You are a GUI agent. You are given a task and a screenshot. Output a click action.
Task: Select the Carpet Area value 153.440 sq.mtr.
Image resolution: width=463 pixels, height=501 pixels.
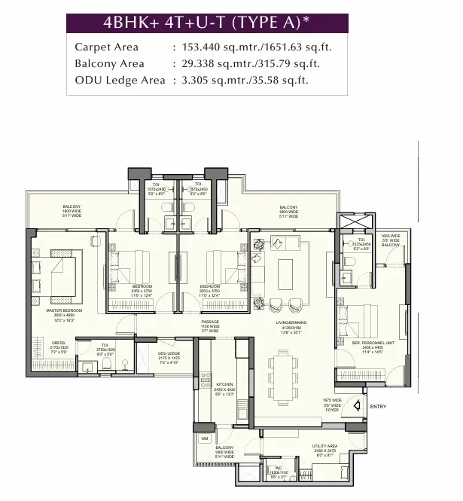click(215, 47)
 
